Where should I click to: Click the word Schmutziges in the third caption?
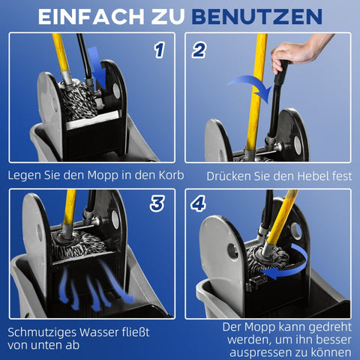(45, 331)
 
